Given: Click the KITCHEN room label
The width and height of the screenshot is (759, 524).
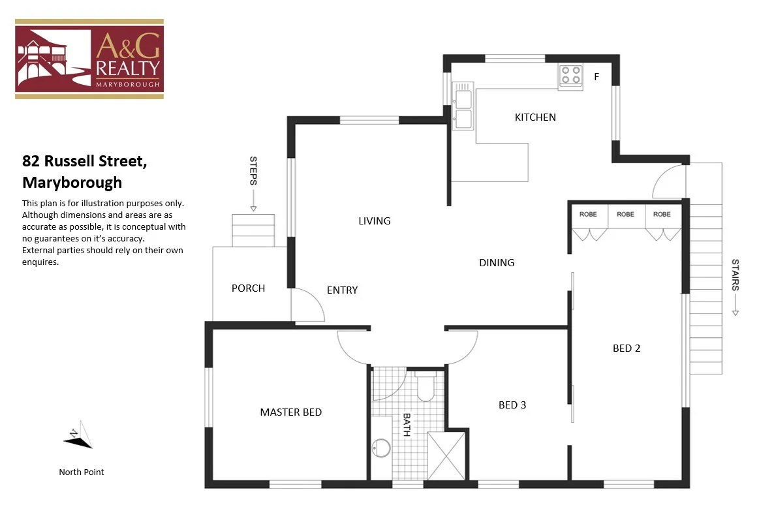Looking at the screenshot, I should (x=535, y=117).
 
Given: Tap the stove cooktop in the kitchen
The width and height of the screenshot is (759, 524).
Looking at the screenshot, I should (x=570, y=76).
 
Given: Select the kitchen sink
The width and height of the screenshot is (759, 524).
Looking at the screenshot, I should (x=463, y=108).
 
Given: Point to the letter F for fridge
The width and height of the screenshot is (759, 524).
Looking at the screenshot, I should (x=596, y=77).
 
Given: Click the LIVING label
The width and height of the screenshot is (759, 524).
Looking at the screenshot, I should (x=375, y=221).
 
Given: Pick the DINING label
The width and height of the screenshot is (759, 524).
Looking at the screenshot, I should (x=497, y=263).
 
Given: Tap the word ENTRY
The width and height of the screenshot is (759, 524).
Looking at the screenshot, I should (x=342, y=290).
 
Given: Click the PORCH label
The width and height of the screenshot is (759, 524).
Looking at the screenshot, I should (x=248, y=288).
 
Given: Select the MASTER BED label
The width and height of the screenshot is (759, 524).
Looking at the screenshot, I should (x=290, y=412).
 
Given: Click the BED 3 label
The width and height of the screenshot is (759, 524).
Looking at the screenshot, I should (x=512, y=405).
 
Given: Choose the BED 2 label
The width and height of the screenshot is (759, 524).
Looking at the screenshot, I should (x=627, y=348).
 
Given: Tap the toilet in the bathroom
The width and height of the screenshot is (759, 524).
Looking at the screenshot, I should (x=426, y=386).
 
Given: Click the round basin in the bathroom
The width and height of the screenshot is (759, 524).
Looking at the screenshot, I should (x=380, y=448).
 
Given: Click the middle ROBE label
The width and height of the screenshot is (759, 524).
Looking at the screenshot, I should (x=625, y=214).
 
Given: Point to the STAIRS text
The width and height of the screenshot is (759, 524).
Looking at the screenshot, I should (x=736, y=275).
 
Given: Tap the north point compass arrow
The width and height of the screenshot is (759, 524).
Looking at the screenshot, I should (x=79, y=438).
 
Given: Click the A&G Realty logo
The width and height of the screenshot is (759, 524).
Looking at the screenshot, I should (x=89, y=59).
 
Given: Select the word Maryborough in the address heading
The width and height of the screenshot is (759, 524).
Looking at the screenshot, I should (x=72, y=182).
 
